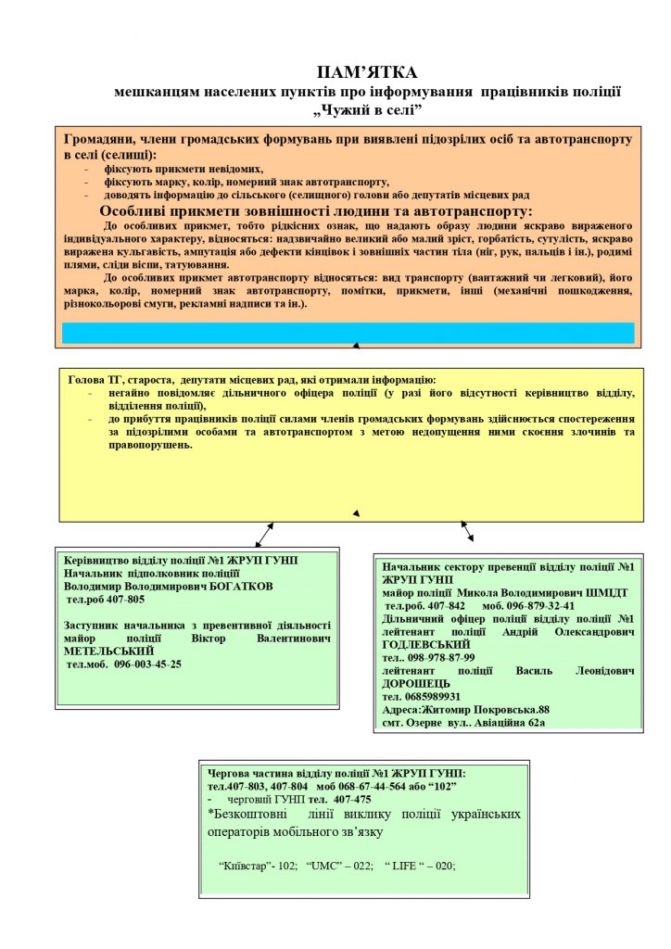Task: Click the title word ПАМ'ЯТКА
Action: pyautogui.click(x=367, y=71)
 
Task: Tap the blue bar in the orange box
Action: pyautogui.click(x=348, y=333)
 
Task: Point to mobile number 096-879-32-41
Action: pyautogui.click(x=541, y=605)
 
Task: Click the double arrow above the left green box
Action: pyautogui.click(x=263, y=536)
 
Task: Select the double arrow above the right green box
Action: pyautogui.click(x=467, y=530)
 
